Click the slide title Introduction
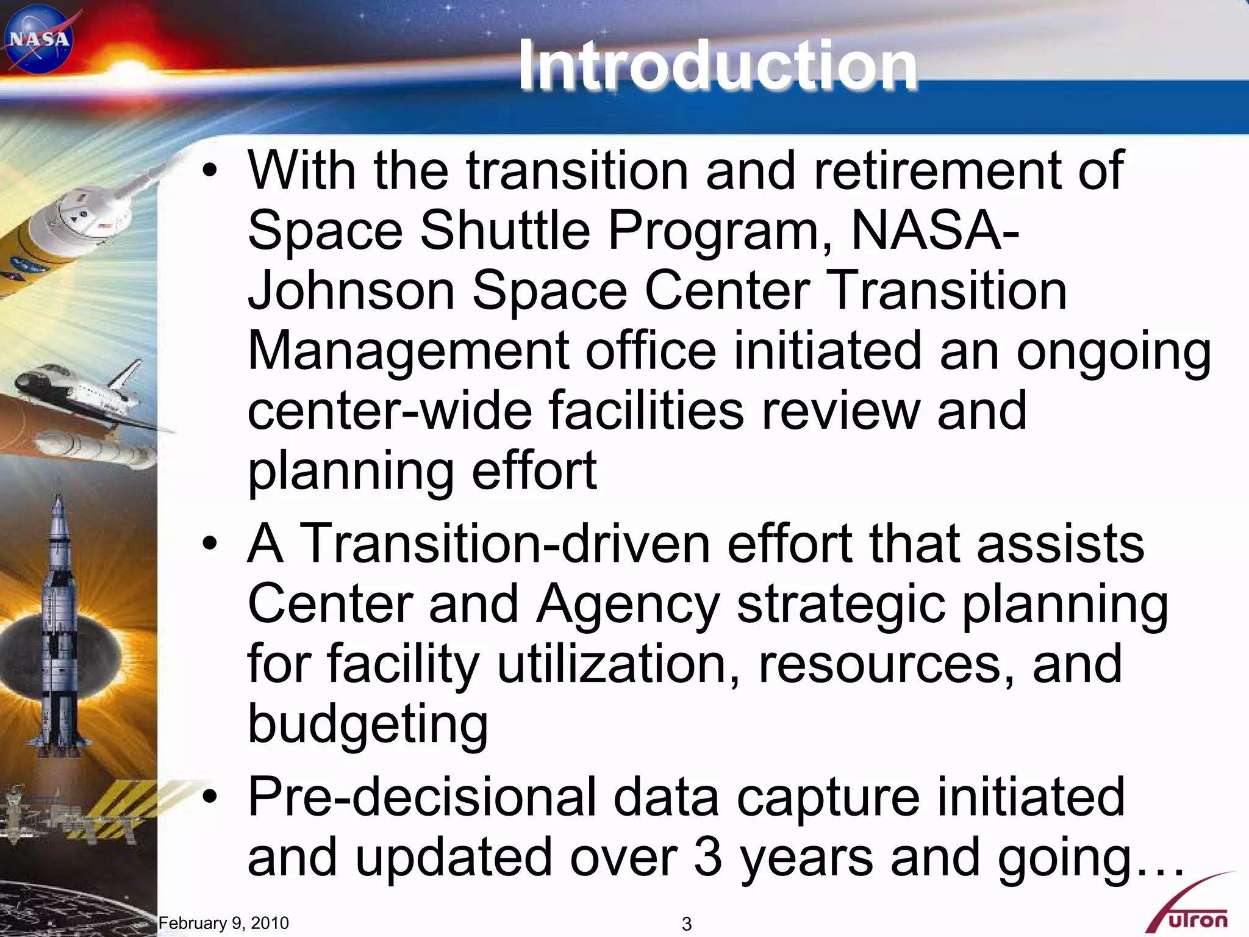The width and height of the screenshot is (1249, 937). point(717,65)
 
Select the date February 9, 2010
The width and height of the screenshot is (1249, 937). point(223,923)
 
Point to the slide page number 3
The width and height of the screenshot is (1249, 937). point(687,924)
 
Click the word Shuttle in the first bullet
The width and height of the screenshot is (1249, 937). point(505,231)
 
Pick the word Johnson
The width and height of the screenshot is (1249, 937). point(351,290)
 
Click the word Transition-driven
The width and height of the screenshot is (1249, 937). point(506,543)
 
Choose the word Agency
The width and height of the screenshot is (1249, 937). point(628,604)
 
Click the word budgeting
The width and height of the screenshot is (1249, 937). point(368,725)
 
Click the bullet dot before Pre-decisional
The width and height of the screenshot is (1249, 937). point(210,797)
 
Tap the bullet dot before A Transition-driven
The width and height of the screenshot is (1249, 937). point(210,543)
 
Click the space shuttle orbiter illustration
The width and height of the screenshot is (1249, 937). point(79,390)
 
